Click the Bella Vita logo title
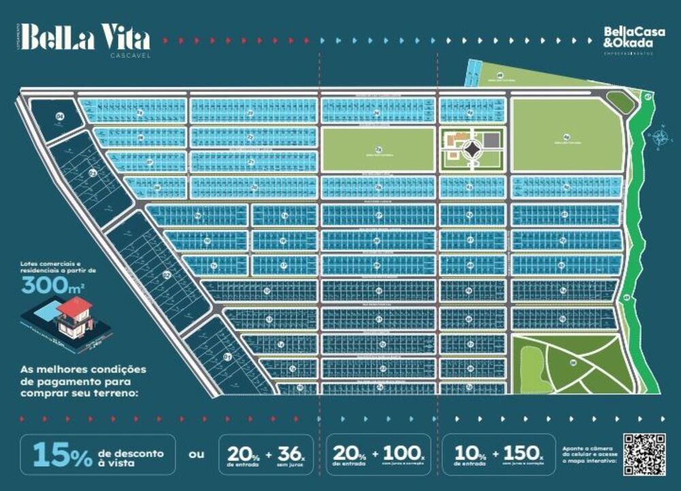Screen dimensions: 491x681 pyautogui.click(x=84, y=37)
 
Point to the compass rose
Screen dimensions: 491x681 pyautogui.click(x=659, y=138)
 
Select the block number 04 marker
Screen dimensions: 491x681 pyautogui.click(x=60, y=118)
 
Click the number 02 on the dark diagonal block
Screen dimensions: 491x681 pyautogui.click(x=165, y=275)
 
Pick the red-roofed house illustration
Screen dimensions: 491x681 pyautogui.click(x=75, y=317)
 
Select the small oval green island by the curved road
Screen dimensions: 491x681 pyautogui.click(x=620, y=103)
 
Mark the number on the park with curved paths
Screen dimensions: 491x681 pyautogui.click(x=573, y=363)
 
